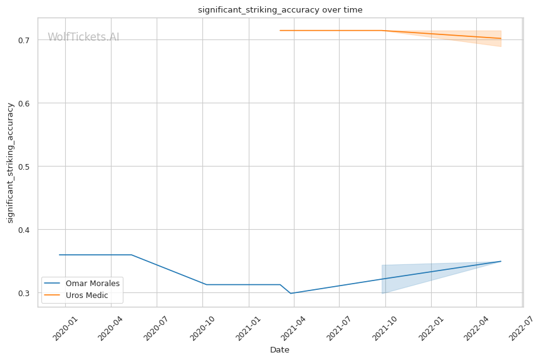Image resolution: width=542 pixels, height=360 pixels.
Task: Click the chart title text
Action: click(280, 10)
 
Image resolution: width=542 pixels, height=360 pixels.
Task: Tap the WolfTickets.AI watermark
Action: click(83, 38)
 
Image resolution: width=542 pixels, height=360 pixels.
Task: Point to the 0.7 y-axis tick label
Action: click(29, 40)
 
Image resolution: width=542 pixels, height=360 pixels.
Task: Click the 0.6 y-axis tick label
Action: click(29, 103)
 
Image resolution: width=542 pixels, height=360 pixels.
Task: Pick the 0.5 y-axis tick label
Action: click(29, 167)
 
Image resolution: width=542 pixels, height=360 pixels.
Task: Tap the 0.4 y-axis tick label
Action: click(29, 230)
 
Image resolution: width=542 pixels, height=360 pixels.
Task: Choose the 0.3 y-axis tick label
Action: click(29, 293)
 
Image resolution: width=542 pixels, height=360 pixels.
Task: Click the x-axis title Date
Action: click(279, 350)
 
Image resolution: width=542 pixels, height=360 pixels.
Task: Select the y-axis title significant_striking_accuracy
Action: click(10, 163)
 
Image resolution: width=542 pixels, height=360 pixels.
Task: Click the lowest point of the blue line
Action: click(291, 293)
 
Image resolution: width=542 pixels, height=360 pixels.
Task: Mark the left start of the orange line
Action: click(280, 31)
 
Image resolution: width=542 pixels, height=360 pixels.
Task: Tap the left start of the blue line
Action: click(60, 255)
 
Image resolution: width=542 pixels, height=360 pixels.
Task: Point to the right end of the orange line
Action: click(501, 39)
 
